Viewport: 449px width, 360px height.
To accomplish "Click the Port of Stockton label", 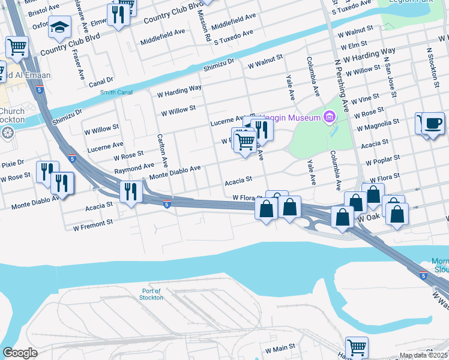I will click(x=151, y=294).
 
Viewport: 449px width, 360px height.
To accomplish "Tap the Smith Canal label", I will click(x=116, y=92).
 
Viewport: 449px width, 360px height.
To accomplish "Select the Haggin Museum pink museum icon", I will click(x=328, y=116).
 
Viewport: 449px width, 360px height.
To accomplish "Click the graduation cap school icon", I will click(x=59, y=26).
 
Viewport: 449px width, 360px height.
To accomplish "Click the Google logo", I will click(x=20, y=353).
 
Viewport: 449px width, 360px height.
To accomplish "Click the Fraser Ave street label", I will click(x=78, y=65).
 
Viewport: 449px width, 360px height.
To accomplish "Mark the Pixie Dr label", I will click(x=12, y=163).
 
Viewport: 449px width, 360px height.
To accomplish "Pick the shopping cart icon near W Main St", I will click(x=357, y=346).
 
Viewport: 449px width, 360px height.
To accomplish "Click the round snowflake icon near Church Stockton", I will click(x=8, y=133).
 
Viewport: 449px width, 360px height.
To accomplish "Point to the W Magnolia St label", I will click(x=378, y=124).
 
